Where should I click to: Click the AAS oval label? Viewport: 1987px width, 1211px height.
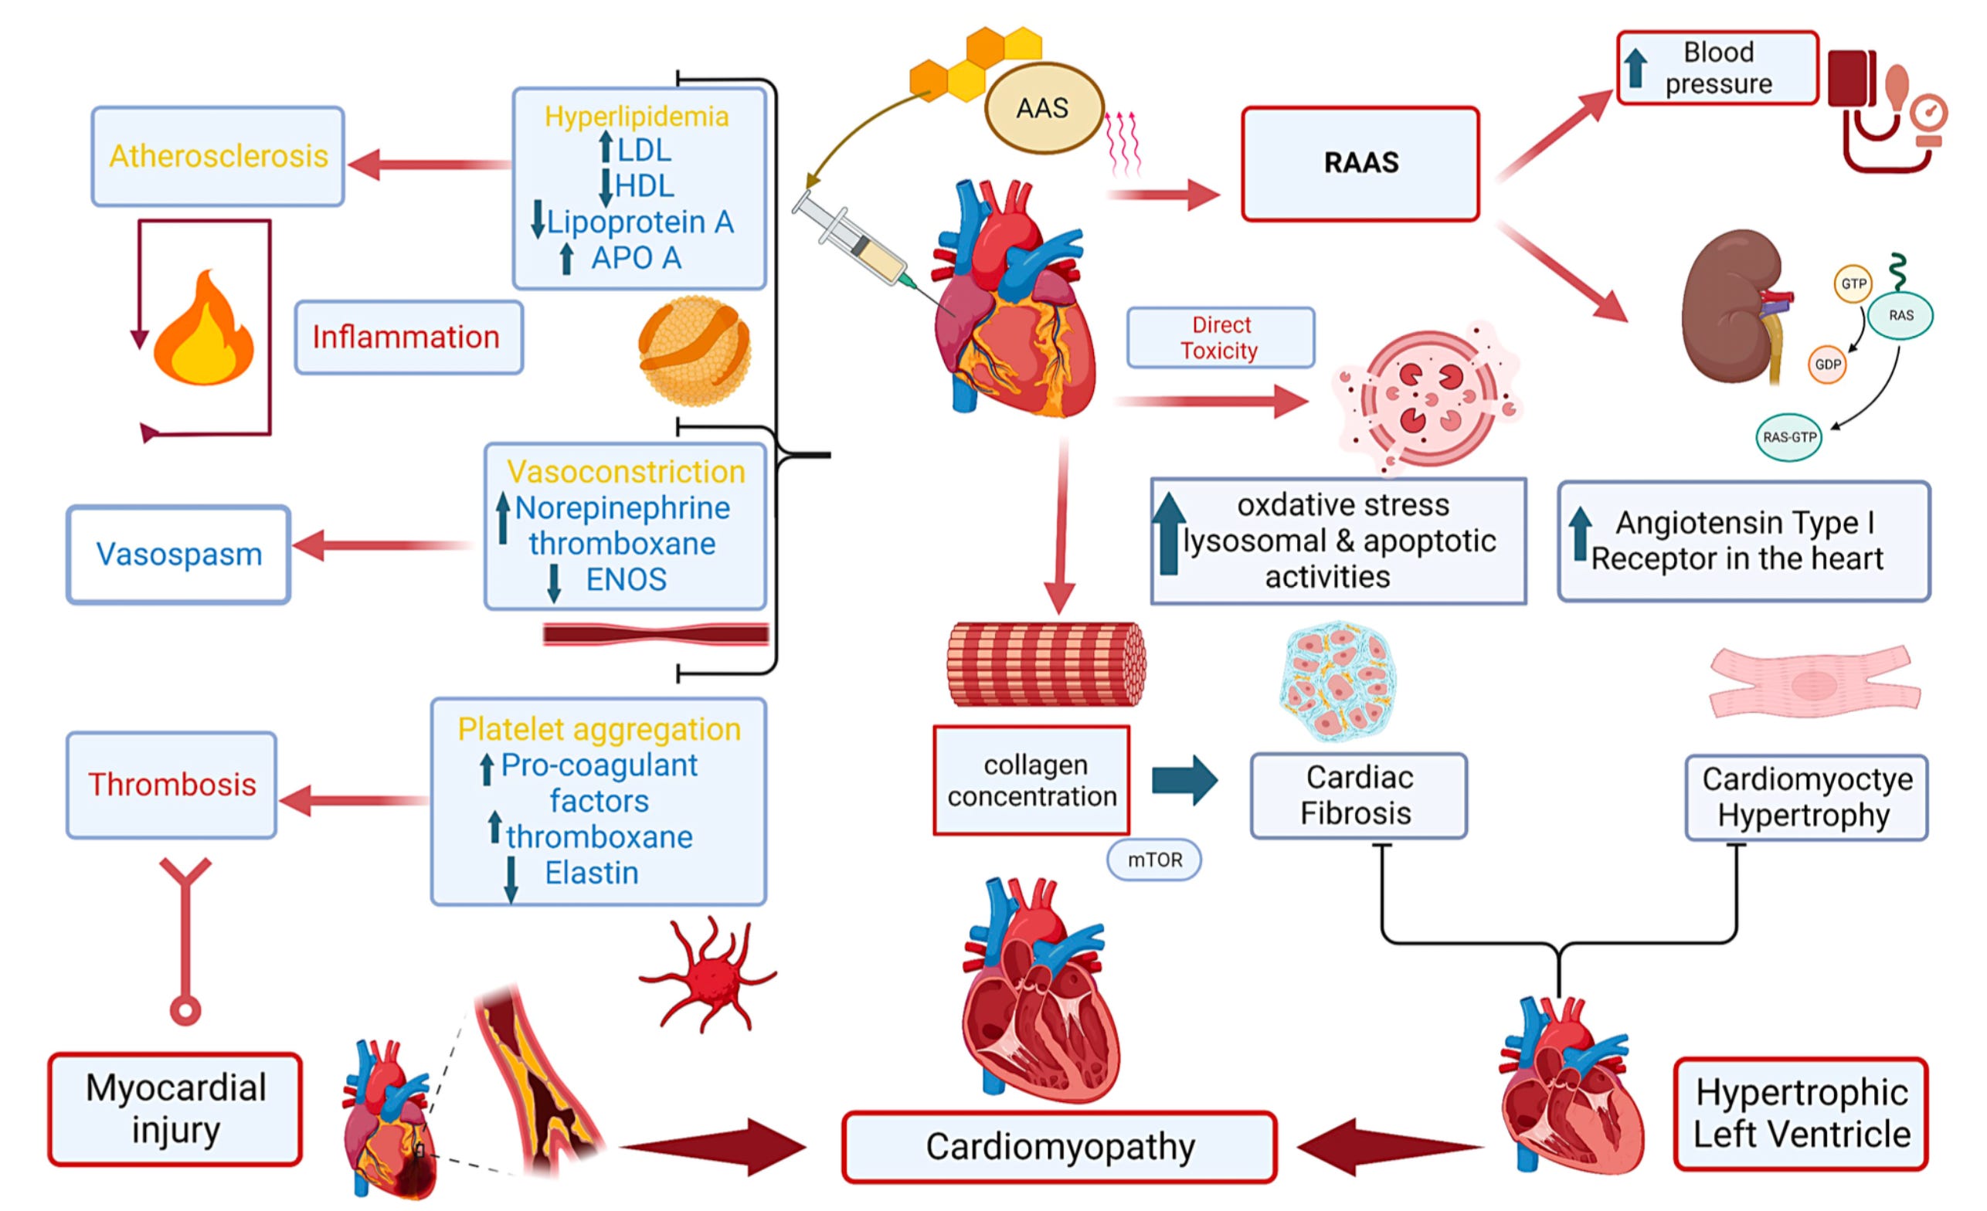(x=1044, y=108)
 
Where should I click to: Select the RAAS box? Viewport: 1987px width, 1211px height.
(x=1360, y=163)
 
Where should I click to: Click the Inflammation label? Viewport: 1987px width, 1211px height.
(x=408, y=337)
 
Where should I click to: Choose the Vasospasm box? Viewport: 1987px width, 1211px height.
(x=179, y=554)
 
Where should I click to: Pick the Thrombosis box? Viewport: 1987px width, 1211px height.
(x=172, y=785)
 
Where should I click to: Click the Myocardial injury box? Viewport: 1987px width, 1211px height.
(x=175, y=1108)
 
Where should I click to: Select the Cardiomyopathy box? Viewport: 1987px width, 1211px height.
(x=1060, y=1146)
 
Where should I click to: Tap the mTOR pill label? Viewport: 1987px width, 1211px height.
(x=1155, y=860)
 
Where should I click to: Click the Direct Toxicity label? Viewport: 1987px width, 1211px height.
(x=1220, y=338)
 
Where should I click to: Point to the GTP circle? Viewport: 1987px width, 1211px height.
(x=1853, y=283)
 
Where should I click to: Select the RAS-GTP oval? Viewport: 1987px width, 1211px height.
(x=1788, y=437)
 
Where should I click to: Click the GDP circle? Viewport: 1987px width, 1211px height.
(x=1827, y=365)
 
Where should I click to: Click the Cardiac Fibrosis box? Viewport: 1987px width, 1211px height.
(x=1359, y=795)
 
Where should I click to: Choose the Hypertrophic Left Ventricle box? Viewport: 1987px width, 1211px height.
(x=1801, y=1114)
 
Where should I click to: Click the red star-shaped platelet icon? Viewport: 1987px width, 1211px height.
(x=707, y=975)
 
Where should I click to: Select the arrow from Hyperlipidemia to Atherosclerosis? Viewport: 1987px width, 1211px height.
(x=430, y=165)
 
